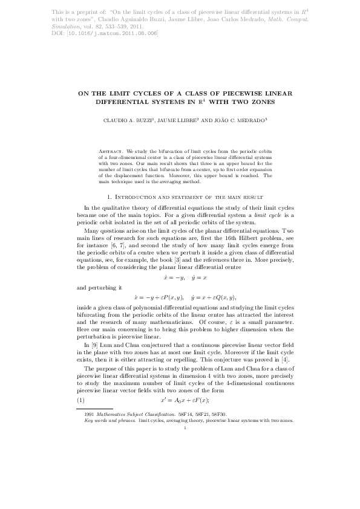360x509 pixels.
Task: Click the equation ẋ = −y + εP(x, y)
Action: coord(155,298)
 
